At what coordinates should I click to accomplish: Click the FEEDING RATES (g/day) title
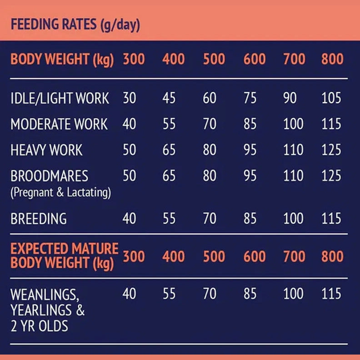click(x=75, y=24)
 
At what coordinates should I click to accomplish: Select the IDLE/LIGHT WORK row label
click(x=60, y=98)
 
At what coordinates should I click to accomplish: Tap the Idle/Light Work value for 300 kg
click(x=130, y=98)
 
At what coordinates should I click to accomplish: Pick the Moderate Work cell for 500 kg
click(x=210, y=124)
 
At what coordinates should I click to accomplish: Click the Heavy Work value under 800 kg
click(x=331, y=150)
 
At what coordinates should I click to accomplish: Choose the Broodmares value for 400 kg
click(x=169, y=176)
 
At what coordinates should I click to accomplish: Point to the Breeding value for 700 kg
click(x=293, y=219)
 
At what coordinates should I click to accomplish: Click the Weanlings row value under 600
click(x=250, y=294)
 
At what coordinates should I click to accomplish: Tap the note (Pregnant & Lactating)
click(x=60, y=192)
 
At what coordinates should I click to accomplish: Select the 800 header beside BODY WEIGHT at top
click(x=332, y=59)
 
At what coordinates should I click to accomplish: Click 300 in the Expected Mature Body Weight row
click(x=134, y=256)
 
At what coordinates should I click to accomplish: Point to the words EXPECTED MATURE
click(x=64, y=249)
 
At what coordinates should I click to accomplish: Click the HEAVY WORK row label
click(x=46, y=150)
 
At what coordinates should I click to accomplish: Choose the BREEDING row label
click(x=39, y=219)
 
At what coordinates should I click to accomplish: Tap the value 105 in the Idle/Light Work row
click(x=331, y=98)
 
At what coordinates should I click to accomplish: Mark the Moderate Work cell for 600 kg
click(x=250, y=124)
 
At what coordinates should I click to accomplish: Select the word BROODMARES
click(x=50, y=176)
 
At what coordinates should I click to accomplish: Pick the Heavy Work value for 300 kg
click(x=130, y=150)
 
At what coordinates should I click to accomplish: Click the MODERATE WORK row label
click(x=59, y=124)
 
